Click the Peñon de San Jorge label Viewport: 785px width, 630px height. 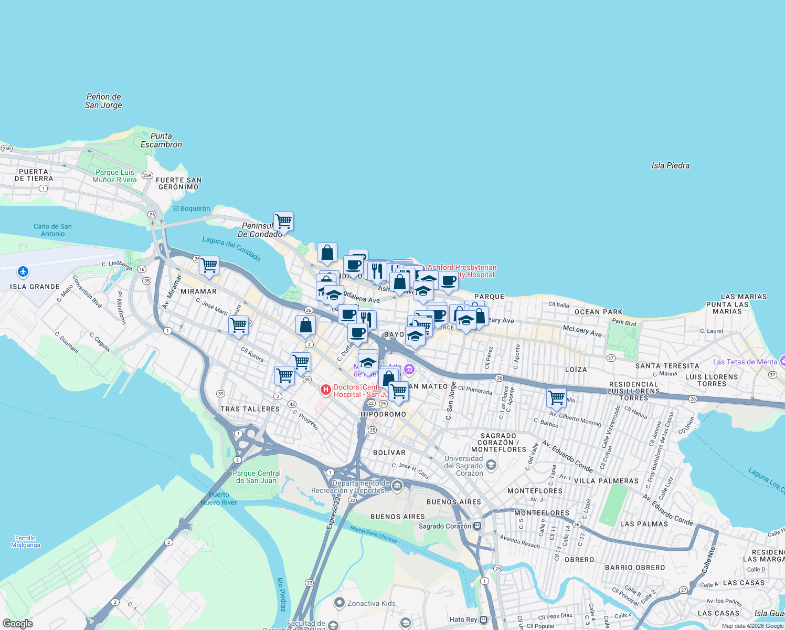(x=103, y=101)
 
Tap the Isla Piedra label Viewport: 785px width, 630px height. (x=670, y=165)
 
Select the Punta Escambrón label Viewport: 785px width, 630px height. (x=161, y=140)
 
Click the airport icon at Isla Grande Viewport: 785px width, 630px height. (x=23, y=271)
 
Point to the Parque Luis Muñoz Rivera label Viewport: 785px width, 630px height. (x=114, y=176)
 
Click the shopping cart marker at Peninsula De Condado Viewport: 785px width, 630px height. (x=283, y=221)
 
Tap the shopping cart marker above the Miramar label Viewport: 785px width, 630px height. (x=209, y=265)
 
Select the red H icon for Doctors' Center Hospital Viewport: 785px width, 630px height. (x=325, y=390)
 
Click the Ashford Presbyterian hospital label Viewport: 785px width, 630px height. (x=462, y=271)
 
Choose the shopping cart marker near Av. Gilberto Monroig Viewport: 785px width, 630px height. (x=556, y=397)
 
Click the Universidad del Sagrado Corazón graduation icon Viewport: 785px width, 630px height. (x=491, y=465)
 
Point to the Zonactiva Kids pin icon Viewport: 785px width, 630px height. (x=340, y=603)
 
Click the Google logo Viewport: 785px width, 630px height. (x=17, y=624)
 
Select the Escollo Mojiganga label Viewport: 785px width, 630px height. (x=26, y=541)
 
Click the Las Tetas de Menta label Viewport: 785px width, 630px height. (x=745, y=362)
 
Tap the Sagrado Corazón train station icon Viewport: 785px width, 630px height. (x=477, y=526)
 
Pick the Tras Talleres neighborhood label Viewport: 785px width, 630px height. (x=250, y=409)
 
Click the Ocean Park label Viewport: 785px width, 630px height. (x=598, y=312)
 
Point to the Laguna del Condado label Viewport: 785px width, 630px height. (x=231, y=249)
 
